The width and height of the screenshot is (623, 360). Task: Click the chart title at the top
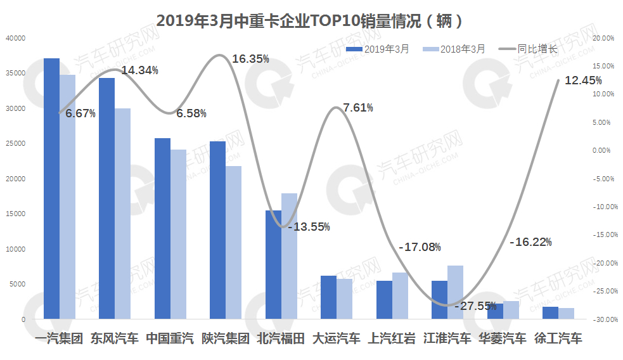[311, 21]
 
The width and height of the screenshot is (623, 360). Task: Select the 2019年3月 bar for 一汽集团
[51, 188]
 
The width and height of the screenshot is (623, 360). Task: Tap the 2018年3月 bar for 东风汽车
[122, 213]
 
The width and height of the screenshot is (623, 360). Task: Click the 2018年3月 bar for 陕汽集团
[234, 242]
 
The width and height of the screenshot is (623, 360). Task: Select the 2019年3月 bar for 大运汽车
[328, 297]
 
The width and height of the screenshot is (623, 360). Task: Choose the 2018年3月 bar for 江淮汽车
[455, 292]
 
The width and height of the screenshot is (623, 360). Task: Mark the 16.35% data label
[250, 59]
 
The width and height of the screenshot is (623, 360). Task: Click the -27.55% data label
[475, 306]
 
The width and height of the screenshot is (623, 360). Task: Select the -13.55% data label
[309, 227]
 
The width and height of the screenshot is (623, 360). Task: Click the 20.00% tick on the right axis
[603, 38]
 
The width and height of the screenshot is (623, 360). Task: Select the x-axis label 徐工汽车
[558, 338]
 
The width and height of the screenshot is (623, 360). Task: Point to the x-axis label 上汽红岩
[392, 338]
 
